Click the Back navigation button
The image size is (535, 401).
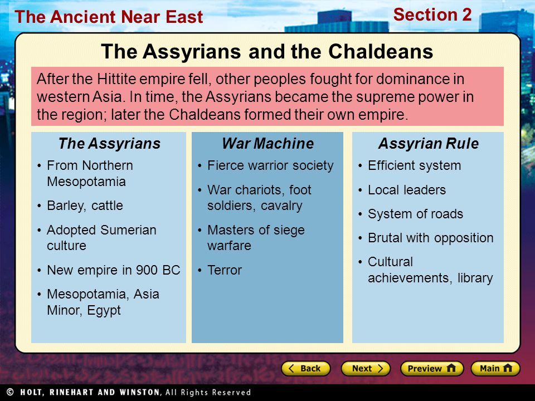pos(305,369)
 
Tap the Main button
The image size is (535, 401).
pos(495,369)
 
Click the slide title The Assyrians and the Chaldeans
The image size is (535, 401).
pos(267,52)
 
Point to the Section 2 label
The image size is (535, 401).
pos(432,15)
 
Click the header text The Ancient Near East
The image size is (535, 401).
pos(109,17)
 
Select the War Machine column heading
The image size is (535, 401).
pos(267,144)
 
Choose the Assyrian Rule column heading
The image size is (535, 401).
pos(428,144)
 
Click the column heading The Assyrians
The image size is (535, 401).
pos(109,144)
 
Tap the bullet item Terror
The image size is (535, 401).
pos(224,271)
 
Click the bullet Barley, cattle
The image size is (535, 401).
pos(85,206)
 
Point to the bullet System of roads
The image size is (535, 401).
pos(415,214)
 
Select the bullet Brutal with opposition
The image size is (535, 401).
pos(430,238)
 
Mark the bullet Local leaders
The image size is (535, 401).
pos(407,190)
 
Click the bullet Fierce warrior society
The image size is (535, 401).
pos(270,166)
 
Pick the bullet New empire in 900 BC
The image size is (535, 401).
pos(113,271)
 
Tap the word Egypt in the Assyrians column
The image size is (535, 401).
pos(104,311)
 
